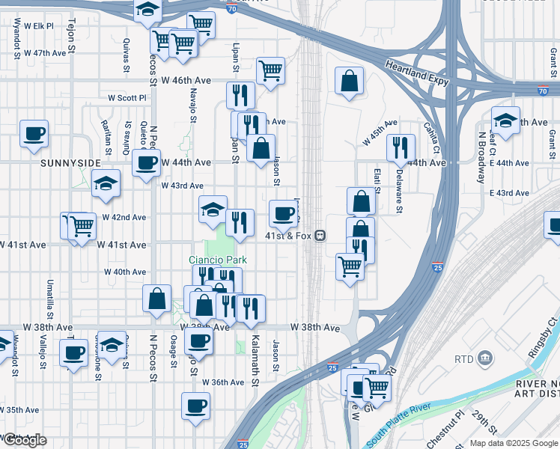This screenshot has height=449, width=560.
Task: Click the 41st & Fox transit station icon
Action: pyautogui.click(x=320, y=236)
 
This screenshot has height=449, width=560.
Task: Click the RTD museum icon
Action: pyautogui.click(x=485, y=358)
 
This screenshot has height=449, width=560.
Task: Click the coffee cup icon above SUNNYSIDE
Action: pyautogui.click(x=34, y=134)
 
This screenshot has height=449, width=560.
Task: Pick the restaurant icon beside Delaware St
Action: pyautogui.click(x=401, y=147)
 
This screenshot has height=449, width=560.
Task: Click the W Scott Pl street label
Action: pyautogui.click(x=127, y=97)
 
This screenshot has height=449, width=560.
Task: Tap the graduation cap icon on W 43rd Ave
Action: pyautogui.click(x=106, y=182)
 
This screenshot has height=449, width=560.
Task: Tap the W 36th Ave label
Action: pyautogui.click(x=228, y=382)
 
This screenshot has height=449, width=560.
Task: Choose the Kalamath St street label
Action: pyautogui.click(x=255, y=361)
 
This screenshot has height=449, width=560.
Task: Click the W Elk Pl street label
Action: pyautogui.click(x=39, y=25)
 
